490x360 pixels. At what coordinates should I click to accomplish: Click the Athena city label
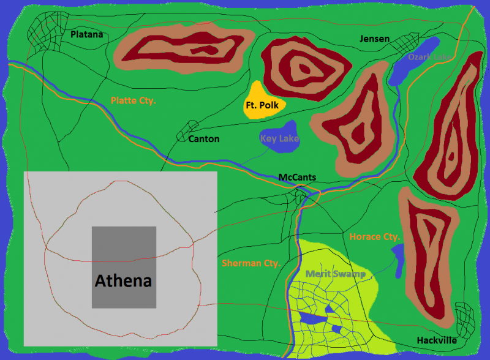(x=123, y=281)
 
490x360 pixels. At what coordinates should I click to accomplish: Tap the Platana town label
(x=86, y=35)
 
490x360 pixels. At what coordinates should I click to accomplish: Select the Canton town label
(x=203, y=139)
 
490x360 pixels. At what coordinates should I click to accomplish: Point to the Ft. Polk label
(x=262, y=105)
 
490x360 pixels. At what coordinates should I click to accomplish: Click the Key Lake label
(x=279, y=139)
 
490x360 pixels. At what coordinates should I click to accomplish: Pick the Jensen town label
(x=374, y=39)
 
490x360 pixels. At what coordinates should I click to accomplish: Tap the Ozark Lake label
(x=432, y=57)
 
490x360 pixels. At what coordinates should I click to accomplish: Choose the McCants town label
(x=297, y=178)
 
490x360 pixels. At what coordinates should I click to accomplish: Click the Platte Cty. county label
(x=133, y=100)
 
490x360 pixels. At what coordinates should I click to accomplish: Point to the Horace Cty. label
(x=375, y=236)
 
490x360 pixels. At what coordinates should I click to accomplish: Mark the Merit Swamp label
(x=336, y=274)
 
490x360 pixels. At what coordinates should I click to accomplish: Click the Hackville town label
(x=437, y=340)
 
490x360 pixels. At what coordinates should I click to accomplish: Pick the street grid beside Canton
(x=184, y=132)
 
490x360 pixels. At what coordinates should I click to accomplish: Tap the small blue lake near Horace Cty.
(x=398, y=260)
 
